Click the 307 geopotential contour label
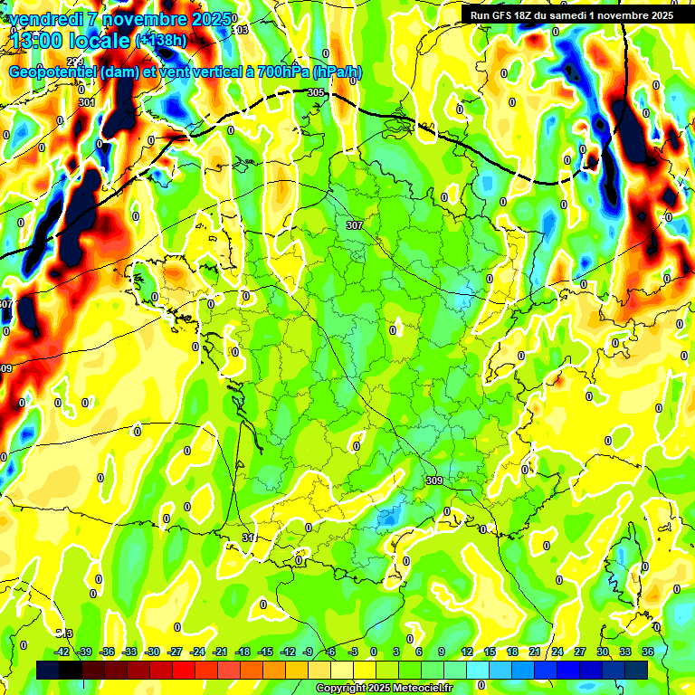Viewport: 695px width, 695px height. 355,224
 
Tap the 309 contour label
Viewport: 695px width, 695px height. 433,481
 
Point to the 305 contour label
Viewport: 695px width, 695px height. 316,93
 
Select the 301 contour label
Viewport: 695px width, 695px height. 86,102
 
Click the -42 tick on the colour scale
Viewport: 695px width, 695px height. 62,652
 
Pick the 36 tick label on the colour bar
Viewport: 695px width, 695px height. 648,652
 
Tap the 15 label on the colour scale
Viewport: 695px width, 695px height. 490,652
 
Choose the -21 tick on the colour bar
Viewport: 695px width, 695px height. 220,652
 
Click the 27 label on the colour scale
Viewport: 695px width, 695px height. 580,652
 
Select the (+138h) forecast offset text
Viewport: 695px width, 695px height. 161,40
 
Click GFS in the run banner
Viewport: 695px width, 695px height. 507,15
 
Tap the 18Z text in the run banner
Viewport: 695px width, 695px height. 534,15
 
